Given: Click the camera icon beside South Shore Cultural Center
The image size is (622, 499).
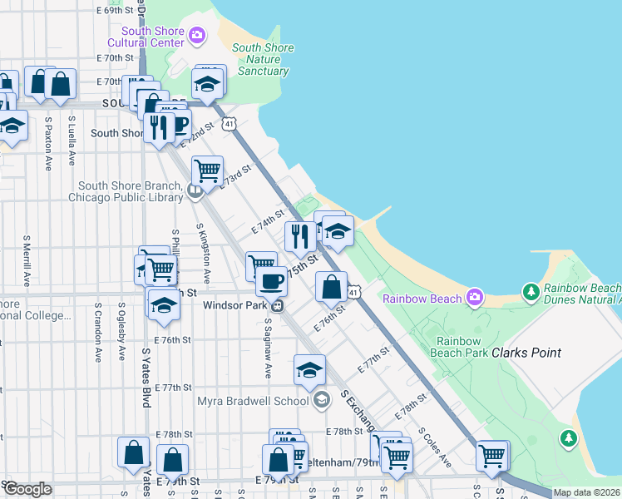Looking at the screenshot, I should [x=197, y=35].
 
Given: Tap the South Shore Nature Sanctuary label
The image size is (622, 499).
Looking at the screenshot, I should [x=263, y=59].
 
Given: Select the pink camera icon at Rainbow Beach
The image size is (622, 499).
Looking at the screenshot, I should [x=474, y=297].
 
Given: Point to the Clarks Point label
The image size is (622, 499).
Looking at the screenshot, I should [x=526, y=353].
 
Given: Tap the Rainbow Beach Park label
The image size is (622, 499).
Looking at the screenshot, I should [x=459, y=346].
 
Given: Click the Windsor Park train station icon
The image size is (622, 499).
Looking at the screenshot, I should [x=280, y=305].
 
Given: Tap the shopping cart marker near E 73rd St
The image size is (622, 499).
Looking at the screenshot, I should [x=207, y=170].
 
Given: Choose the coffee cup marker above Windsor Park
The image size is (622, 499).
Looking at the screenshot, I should [x=270, y=281].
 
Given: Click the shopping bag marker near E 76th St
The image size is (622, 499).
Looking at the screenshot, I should [x=331, y=287].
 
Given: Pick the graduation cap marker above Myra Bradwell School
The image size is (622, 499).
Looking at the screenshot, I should [x=309, y=369].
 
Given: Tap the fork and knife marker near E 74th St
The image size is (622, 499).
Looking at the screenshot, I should [x=299, y=236].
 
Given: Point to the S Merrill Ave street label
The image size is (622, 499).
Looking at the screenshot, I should [x=27, y=258].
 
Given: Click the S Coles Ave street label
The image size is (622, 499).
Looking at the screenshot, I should [x=434, y=447].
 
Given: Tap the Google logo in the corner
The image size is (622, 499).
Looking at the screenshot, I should [x=27, y=489].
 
